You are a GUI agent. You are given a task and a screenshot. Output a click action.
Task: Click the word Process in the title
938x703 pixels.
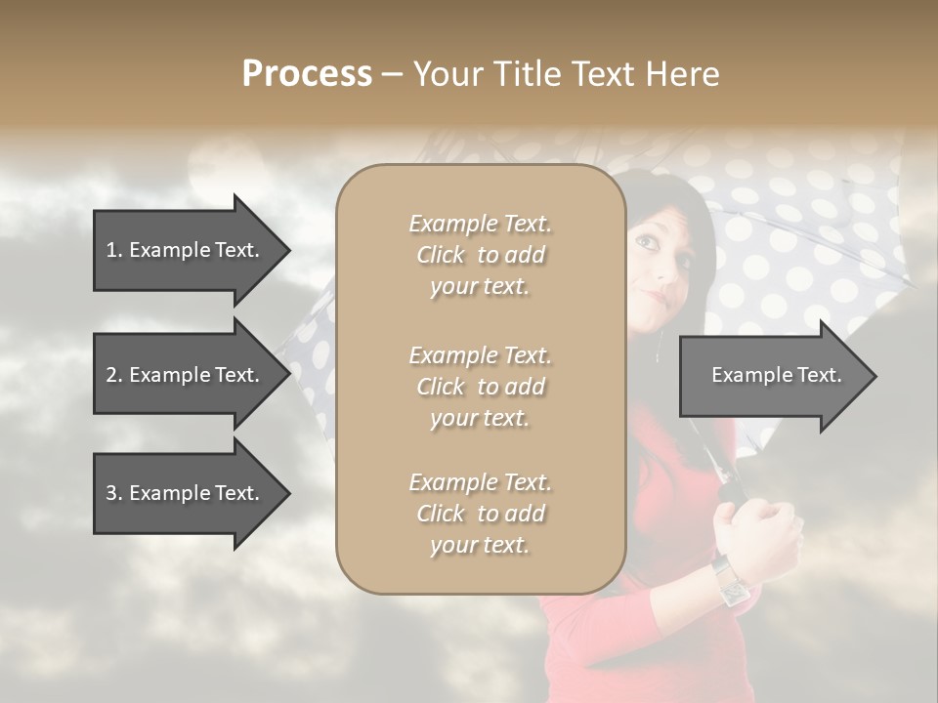pos(307,74)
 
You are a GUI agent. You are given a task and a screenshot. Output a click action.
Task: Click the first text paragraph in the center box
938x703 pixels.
pos(480,255)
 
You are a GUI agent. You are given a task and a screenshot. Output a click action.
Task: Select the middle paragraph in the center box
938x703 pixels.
pos(480,387)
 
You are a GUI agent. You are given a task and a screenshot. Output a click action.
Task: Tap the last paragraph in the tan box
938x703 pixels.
pos(480,514)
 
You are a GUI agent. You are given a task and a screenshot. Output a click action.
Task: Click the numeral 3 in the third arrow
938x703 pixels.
pos(110,493)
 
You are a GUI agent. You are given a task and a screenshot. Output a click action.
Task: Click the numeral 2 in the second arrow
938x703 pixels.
pos(110,375)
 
